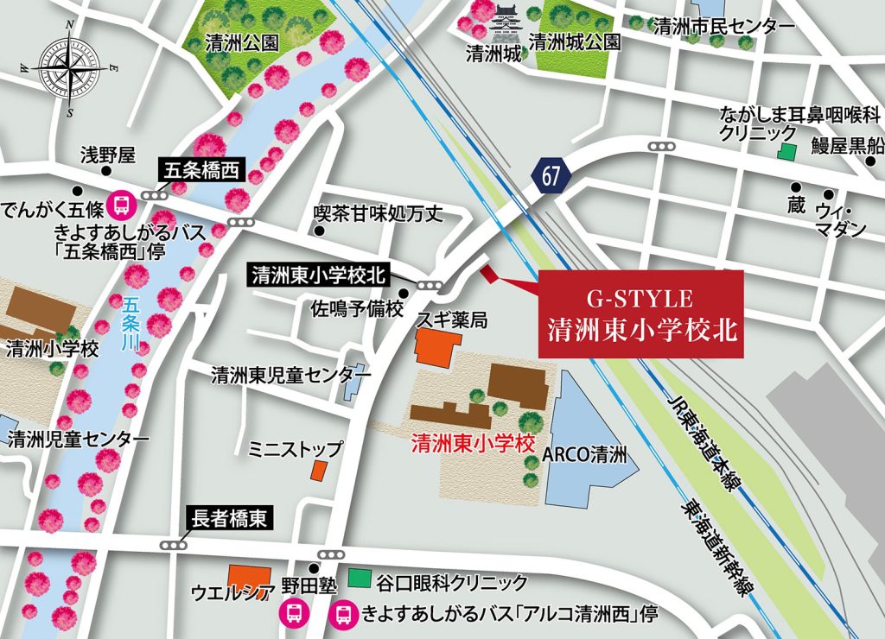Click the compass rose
[x=69, y=68]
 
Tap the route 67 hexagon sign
[x=551, y=176]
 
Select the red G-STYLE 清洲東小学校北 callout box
[x=640, y=313]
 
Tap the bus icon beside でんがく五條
[x=124, y=204]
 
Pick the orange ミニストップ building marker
[x=318, y=471]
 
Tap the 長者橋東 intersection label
[x=230, y=518]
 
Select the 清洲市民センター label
[x=723, y=27]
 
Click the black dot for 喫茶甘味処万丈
[x=320, y=231]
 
